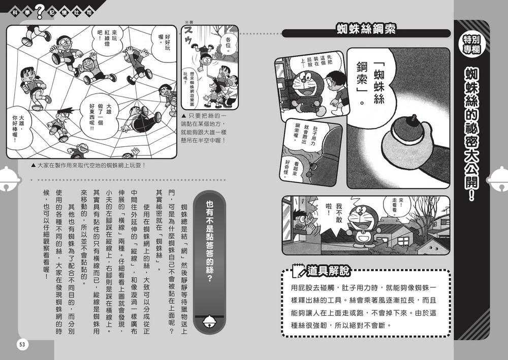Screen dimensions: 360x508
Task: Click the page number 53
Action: (x=22, y=344)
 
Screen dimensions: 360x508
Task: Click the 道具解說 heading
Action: (x=328, y=272)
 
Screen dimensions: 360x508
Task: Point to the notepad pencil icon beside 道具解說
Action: (x=298, y=272)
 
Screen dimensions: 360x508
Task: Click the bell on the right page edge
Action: (x=498, y=179)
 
